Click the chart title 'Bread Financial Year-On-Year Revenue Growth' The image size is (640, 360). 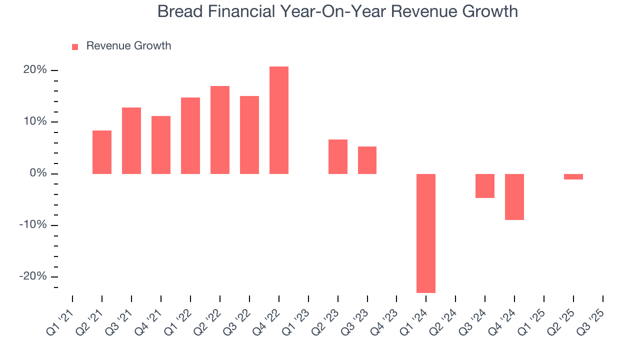click(x=337, y=11)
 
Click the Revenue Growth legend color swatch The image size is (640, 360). click(x=75, y=46)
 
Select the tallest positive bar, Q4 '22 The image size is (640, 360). click(x=278, y=120)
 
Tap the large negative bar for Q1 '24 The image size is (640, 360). click(x=426, y=233)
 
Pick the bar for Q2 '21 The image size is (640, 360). click(x=102, y=152)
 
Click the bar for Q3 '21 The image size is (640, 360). click(x=131, y=140)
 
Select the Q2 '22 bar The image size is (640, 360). click(x=220, y=130)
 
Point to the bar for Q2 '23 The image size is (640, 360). click(x=337, y=156)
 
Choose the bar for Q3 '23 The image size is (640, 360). click(x=367, y=160)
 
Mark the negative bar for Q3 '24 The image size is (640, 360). click(x=484, y=186)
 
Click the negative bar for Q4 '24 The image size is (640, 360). click(x=514, y=197)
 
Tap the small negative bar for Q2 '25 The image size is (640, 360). click(x=573, y=176)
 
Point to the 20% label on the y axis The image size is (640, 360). click(x=35, y=70)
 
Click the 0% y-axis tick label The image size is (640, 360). click(x=38, y=173)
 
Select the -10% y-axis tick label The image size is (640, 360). click(x=33, y=225)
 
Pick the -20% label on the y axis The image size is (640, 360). click(x=33, y=276)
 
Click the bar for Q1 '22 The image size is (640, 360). click(x=190, y=135)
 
